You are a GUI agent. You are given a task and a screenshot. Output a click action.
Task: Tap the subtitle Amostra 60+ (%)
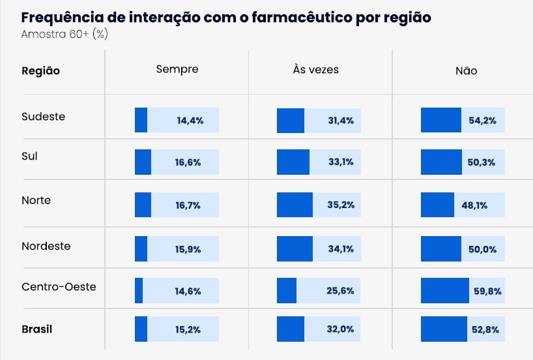65,34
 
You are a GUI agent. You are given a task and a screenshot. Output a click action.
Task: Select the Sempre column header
177,69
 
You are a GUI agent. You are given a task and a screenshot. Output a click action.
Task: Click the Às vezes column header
316,69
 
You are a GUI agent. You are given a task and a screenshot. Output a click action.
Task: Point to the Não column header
467,70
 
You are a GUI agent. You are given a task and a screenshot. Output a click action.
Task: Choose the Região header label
41,71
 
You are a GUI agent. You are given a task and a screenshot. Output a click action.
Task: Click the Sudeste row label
44,116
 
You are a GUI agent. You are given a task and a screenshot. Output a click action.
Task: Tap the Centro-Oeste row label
59,286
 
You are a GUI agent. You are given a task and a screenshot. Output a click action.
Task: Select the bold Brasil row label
37,329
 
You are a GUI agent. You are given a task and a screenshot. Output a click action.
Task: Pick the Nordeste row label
46,246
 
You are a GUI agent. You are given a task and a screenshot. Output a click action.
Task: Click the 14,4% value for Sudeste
190,121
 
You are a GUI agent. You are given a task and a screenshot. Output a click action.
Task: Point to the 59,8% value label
488,292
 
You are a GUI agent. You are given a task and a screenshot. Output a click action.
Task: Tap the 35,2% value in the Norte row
341,205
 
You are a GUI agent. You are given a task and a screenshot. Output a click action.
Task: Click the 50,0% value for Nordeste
482,249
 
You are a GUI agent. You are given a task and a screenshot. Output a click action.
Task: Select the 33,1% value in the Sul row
341,162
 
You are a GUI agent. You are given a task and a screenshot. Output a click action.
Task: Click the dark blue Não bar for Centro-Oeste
445,291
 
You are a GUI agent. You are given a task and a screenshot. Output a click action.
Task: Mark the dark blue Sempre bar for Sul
143,162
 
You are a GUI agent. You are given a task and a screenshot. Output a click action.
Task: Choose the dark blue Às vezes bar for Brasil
291,329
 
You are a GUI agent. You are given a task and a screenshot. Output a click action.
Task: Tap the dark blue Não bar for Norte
437,205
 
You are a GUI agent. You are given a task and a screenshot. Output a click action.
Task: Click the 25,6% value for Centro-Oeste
340,291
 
